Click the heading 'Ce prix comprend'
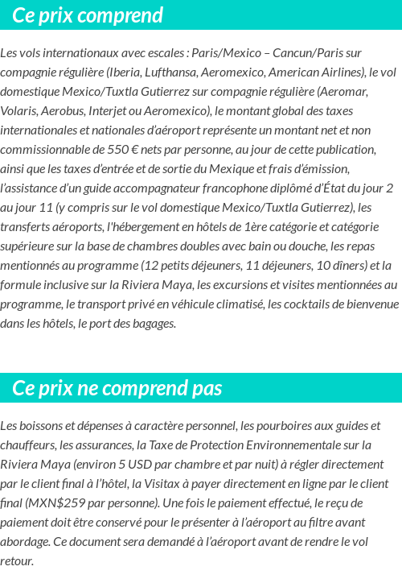point(88,15)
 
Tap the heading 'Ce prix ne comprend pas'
point(117,388)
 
